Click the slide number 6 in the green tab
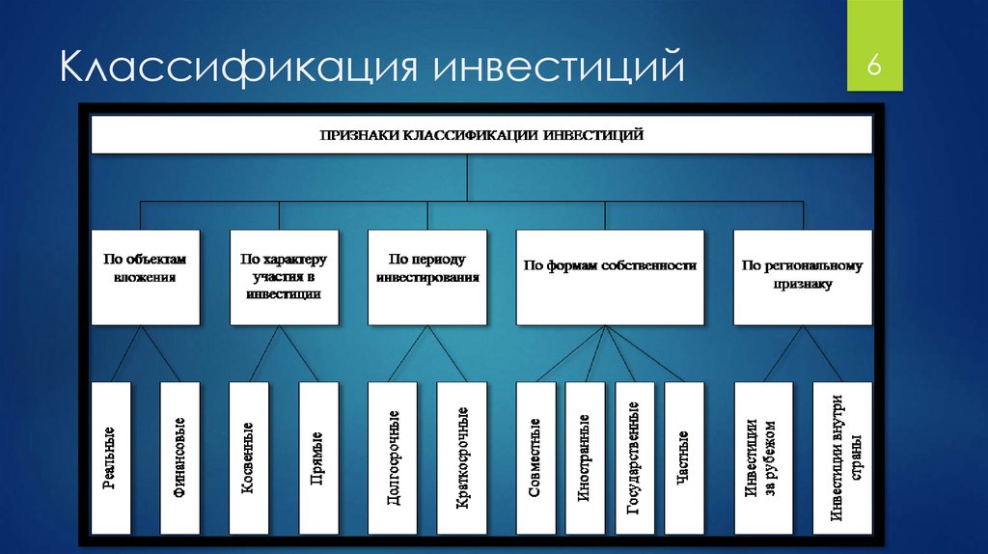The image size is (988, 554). coord(873,66)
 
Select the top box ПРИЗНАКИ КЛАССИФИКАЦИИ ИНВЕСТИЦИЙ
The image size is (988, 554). coord(481,134)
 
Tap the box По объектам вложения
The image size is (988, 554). coord(146,277)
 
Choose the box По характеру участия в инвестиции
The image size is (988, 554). coord(285,277)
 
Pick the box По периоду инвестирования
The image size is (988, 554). coord(427,277)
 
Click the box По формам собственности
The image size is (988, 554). coord(610,277)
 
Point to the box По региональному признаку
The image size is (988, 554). coord(803,277)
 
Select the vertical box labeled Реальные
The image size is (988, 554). coord(111,458)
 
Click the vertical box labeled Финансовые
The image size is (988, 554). coord(179,458)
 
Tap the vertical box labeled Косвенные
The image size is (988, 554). coord(249,458)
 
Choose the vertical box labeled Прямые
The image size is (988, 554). coord(318,458)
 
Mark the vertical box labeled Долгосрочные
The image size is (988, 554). coord(392,458)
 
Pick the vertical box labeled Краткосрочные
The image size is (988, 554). coord(462,458)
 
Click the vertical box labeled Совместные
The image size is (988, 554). coord(536,458)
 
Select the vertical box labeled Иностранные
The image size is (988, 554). coord(585,458)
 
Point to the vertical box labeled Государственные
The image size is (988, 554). coord(635,458)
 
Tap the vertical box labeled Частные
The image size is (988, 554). coord(684,458)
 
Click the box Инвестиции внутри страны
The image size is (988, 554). coord(842,458)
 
